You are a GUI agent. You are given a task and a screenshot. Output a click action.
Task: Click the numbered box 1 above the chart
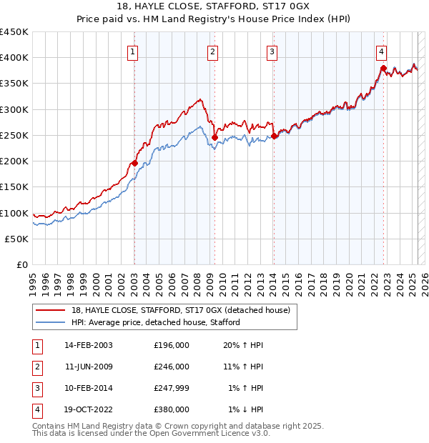(134, 51)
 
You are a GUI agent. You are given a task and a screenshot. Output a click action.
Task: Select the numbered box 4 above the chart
(382, 51)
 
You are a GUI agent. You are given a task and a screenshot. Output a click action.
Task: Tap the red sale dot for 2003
(134, 163)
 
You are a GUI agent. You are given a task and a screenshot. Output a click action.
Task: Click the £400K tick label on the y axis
(14, 58)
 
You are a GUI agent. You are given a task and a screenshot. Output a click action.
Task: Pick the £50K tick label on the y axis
(17, 239)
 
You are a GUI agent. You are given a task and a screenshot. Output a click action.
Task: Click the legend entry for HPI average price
(155, 322)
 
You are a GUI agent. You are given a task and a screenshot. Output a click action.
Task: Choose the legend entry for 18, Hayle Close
(180, 310)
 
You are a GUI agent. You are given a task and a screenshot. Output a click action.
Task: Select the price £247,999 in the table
(172, 388)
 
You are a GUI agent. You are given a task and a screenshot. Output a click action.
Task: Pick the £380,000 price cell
(172, 409)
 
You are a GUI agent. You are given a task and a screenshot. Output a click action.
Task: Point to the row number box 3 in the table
(36, 388)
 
